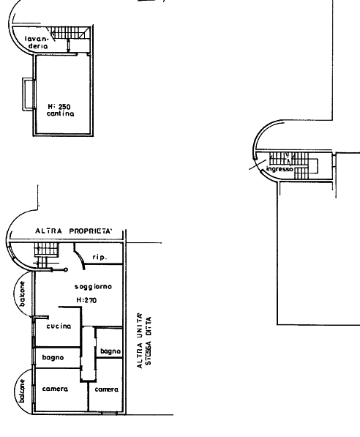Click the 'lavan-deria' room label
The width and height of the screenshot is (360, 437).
coord(37,42)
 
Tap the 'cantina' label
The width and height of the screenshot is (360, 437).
coord(61,113)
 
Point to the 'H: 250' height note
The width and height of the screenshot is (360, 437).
coord(59,107)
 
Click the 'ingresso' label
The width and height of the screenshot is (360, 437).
coord(280,169)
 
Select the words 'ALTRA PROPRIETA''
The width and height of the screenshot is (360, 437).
coord(74,231)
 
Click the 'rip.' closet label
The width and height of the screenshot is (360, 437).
coord(100,257)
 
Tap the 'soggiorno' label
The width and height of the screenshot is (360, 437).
coord(93,287)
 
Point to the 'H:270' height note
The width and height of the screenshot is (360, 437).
coord(86,300)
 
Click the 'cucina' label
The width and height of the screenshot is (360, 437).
coord(59,326)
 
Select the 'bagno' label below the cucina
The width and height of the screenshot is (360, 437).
coord(53,357)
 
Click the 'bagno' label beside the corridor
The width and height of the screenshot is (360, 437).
coord(110,351)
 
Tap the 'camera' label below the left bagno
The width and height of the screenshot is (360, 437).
coord(55,389)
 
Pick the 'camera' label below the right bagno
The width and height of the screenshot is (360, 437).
coord(106,389)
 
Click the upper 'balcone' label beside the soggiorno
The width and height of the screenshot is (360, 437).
coord(22,294)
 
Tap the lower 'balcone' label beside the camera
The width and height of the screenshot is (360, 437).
coord(22,390)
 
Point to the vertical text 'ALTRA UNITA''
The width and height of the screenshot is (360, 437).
coord(140,340)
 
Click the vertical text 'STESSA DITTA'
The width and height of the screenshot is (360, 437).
coord(149,340)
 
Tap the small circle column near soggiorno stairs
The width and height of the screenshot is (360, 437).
coord(66,270)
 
